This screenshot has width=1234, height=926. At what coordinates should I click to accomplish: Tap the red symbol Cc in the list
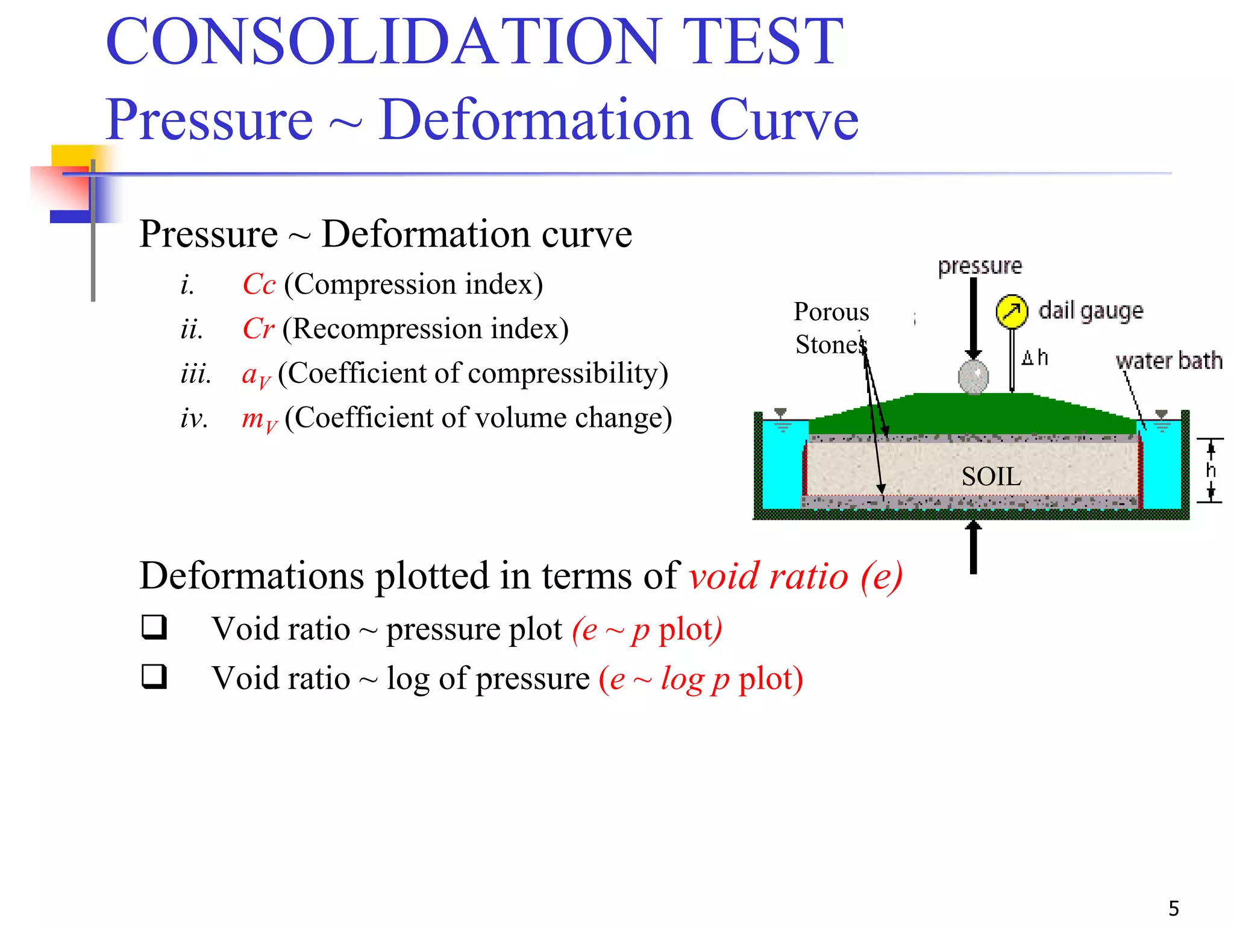(x=258, y=284)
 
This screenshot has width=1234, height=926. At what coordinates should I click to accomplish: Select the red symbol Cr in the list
(x=258, y=329)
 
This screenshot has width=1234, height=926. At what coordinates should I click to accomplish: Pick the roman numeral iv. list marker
(x=194, y=418)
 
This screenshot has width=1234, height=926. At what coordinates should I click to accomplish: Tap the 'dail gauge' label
(x=1091, y=311)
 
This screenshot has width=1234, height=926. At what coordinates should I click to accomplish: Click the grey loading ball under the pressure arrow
(x=973, y=377)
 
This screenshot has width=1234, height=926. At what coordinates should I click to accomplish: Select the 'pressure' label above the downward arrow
(x=980, y=266)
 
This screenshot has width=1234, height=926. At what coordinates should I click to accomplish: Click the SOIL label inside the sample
(x=991, y=477)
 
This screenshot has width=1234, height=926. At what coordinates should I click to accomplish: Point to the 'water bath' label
(x=1169, y=361)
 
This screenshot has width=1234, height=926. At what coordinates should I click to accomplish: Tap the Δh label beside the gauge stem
(x=1035, y=358)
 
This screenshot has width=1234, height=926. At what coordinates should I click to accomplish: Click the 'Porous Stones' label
(x=831, y=329)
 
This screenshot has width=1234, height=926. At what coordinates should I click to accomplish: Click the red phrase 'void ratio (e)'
(x=795, y=576)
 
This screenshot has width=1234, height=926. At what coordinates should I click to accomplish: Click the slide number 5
(x=1174, y=908)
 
